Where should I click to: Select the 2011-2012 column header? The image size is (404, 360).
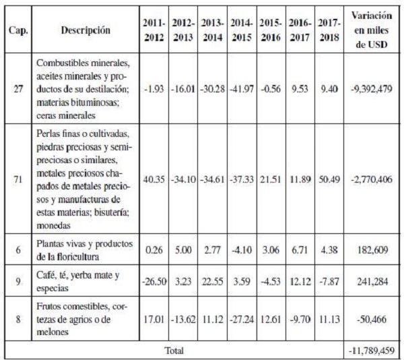point(154,31)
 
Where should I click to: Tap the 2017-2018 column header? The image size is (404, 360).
point(329,31)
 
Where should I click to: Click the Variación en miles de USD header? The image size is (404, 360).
point(372,31)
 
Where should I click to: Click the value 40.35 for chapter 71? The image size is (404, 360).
point(154,181)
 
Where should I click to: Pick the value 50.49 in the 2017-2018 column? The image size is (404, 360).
point(329,181)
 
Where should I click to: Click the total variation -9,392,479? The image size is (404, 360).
point(372,90)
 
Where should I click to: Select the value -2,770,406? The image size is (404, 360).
point(372,181)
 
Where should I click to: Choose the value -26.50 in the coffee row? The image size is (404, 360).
point(154,279)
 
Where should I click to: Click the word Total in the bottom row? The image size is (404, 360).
point(173,350)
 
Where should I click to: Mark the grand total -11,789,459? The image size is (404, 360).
point(372,350)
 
